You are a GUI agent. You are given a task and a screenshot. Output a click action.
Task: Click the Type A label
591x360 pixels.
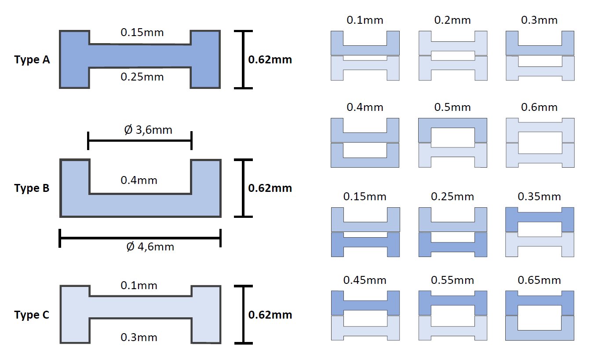click(32, 60)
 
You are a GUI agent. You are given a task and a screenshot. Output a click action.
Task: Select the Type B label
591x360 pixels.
click(32, 188)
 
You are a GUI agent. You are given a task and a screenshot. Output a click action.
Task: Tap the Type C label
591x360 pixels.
click(32, 315)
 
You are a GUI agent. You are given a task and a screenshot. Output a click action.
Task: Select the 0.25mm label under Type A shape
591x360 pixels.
click(142, 77)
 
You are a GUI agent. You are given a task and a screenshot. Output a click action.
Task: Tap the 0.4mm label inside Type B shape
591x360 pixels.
click(139, 180)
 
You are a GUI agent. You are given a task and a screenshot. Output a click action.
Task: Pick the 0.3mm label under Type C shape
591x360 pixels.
click(139, 338)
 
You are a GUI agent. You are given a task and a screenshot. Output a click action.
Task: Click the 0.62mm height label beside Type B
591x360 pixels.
click(270, 188)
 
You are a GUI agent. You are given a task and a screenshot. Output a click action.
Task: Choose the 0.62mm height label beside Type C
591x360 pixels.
click(270, 315)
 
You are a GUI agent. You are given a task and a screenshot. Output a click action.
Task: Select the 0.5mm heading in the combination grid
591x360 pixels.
click(452, 107)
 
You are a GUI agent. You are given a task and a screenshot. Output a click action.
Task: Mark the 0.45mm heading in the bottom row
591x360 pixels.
click(365, 280)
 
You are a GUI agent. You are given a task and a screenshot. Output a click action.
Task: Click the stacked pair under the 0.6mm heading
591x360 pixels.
click(540, 143)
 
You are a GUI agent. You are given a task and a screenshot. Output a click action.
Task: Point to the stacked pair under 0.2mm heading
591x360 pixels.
click(453, 55)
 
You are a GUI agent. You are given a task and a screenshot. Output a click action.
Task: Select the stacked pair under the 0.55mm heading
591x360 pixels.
click(453, 315)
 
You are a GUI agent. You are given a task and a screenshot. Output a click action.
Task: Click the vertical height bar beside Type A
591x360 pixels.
click(244, 60)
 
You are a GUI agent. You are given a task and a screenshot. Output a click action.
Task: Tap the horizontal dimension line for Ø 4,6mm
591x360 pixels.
click(140, 238)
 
